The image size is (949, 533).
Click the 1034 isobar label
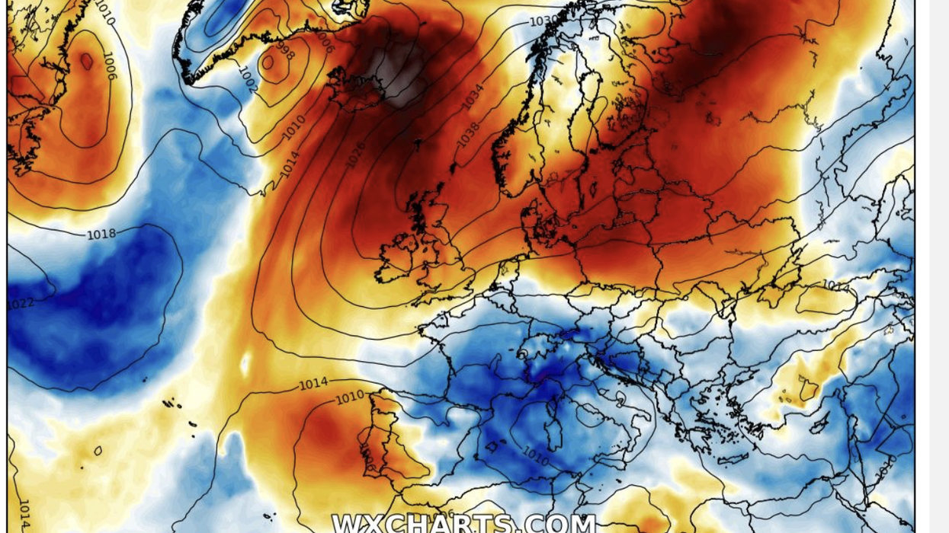click(472, 97)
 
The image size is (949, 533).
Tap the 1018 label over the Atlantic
click(101, 234)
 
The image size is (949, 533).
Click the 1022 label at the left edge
click(20, 304)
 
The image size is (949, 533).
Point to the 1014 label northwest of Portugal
click(313, 385)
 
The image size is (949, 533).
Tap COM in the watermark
click(561, 524)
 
